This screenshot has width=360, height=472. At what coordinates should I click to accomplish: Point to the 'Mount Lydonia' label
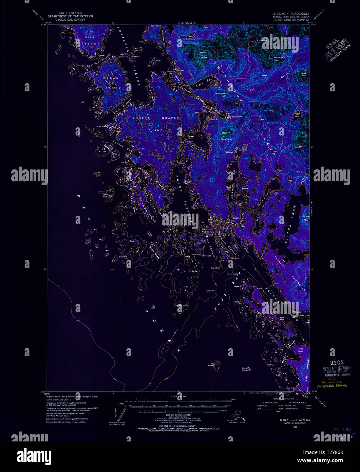coord(203,55)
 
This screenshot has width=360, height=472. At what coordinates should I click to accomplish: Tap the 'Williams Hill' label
coord(220,94)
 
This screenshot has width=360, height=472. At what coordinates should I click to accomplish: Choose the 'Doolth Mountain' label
coord(226,136)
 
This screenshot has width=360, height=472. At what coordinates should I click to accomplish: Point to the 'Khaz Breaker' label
coord(211,364)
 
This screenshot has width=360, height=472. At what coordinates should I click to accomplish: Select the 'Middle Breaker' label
coord(246,369)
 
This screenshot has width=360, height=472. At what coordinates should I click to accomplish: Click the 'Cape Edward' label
coord(102,126)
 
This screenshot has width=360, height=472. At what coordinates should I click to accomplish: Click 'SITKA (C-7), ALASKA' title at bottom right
coord(292,420)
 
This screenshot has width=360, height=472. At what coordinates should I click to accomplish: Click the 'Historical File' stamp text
coord(331,382)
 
